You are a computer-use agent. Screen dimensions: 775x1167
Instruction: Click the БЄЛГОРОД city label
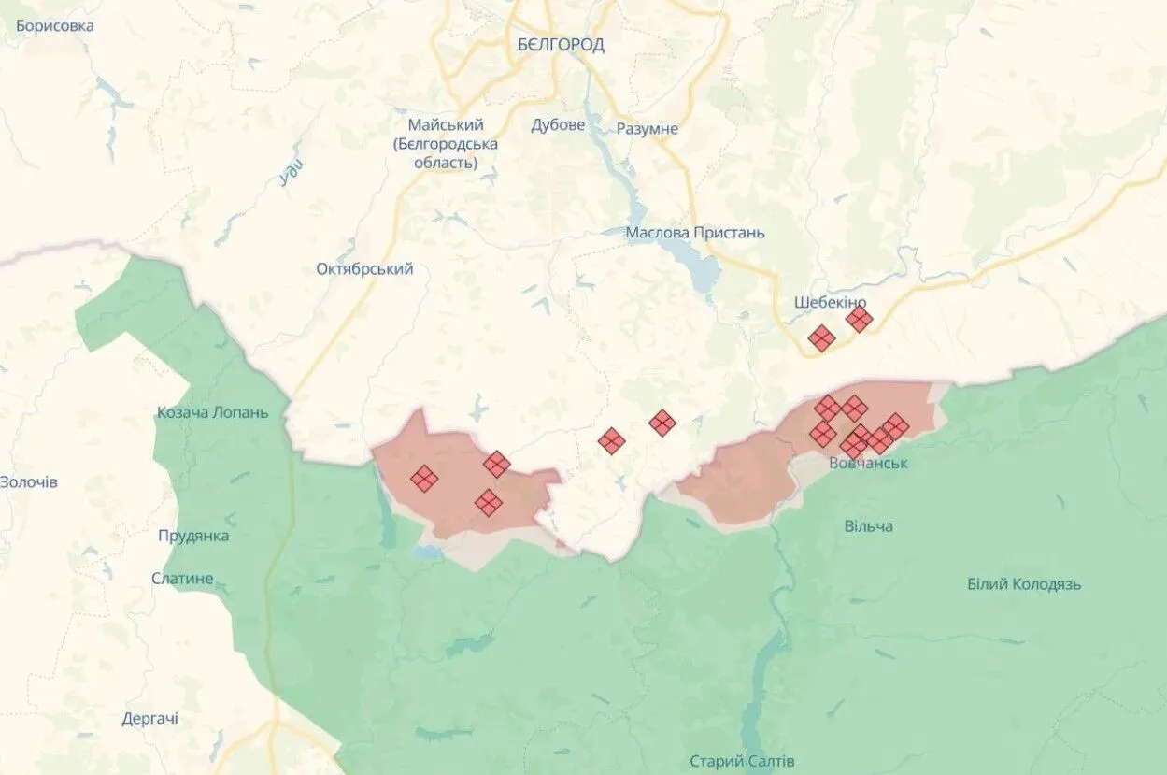(x=561, y=44)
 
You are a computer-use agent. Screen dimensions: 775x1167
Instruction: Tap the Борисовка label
(x=55, y=26)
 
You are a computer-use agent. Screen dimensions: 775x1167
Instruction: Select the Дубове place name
(x=558, y=125)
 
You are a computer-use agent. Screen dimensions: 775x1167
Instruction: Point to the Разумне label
(x=648, y=129)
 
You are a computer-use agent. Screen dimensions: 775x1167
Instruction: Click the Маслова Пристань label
(x=695, y=233)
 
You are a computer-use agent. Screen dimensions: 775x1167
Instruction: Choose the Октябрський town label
(x=364, y=269)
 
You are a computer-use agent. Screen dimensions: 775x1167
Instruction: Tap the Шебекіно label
(x=830, y=303)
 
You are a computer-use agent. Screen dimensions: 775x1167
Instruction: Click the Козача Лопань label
(x=213, y=412)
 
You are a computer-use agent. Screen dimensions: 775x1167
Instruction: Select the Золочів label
(x=29, y=482)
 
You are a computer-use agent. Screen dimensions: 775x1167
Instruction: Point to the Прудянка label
(x=193, y=536)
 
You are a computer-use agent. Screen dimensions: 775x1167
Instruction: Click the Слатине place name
(x=183, y=579)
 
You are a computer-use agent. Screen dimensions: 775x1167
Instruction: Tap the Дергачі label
(x=150, y=719)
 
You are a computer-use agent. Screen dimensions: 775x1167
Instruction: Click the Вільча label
(x=868, y=526)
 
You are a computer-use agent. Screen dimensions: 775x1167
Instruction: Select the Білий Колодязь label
(x=1024, y=584)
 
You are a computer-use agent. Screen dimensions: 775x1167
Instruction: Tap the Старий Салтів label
(x=742, y=761)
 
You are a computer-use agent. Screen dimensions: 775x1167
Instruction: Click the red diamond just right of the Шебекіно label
(x=859, y=320)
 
